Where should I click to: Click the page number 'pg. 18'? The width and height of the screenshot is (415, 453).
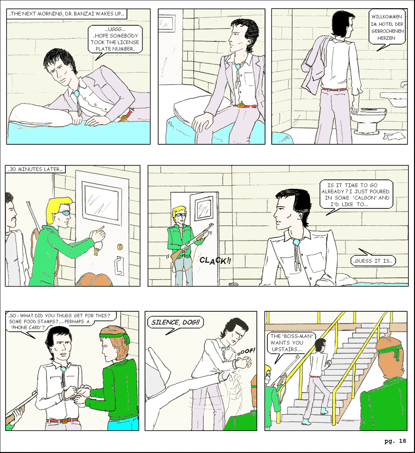tap(395, 441)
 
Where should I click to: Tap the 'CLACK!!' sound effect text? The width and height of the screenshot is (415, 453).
tap(215, 261)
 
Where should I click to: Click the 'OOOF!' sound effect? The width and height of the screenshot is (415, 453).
tap(246, 352)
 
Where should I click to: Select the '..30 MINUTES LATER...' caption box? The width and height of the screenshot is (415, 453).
tap(35, 169)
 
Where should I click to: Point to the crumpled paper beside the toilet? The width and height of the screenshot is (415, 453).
tap(394, 136)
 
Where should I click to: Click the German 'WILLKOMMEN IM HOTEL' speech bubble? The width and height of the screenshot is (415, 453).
tap(386, 29)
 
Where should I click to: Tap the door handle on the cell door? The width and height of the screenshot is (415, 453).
tap(119, 266)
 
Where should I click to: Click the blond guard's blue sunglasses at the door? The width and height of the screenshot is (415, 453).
tap(64, 214)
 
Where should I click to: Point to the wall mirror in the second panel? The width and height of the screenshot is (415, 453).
tap(167, 22)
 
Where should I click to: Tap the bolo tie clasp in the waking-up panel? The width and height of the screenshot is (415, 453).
tap(77, 94)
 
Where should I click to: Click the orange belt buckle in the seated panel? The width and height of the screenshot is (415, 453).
tap(241, 105)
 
